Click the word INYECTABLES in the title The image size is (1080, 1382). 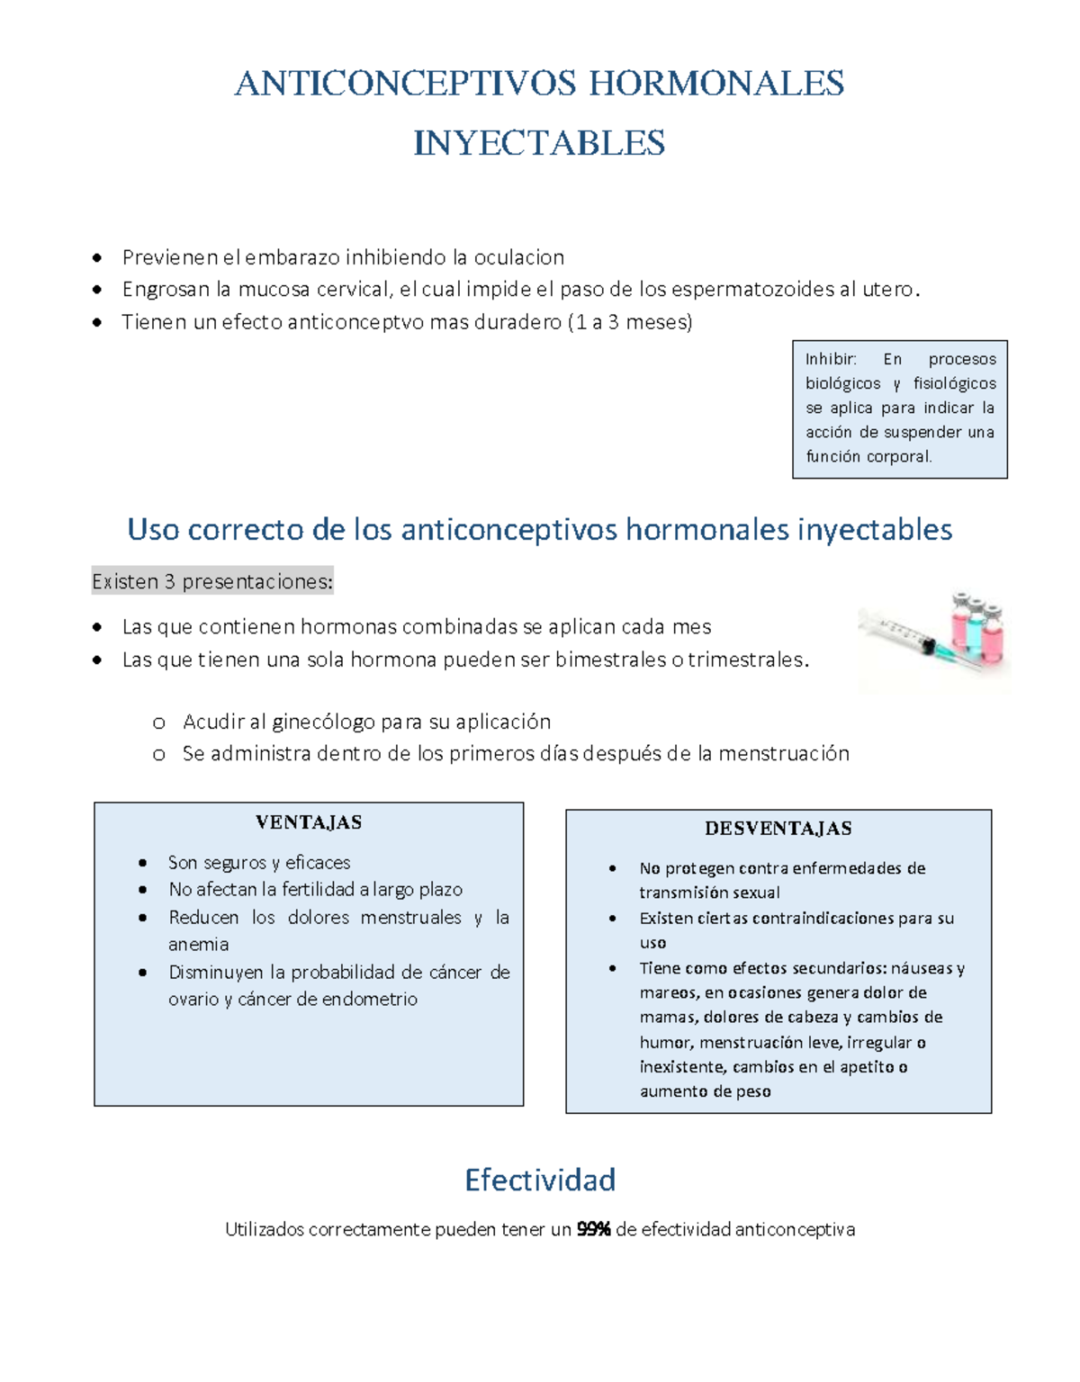[x=539, y=143]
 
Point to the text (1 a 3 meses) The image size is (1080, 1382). [x=630, y=322]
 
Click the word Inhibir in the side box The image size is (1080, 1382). [x=830, y=359]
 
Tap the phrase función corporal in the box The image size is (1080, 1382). [x=868, y=457]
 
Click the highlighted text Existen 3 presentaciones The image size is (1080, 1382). [x=212, y=582]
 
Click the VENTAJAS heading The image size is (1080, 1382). [x=309, y=822]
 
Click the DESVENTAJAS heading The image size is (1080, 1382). [x=778, y=829]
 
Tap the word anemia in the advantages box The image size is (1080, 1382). [x=198, y=945]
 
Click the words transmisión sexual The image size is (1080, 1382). [x=709, y=893]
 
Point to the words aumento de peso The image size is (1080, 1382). [x=705, y=1091]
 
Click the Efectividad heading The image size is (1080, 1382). [x=540, y=1180]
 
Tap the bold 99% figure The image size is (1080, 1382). [x=593, y=1230]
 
